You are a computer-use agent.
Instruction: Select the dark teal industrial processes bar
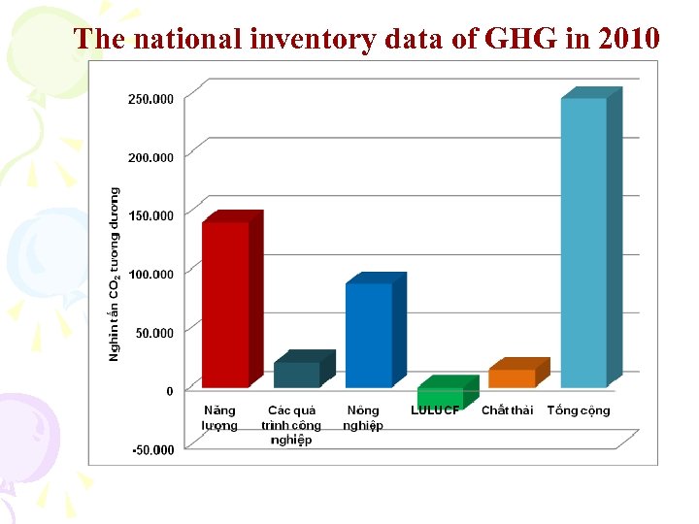(296, 375)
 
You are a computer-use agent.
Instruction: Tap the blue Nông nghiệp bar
(369, 335)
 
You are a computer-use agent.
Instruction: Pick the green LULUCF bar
(440, 397)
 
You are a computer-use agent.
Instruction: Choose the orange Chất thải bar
(512, 378)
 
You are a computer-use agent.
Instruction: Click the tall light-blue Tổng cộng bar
(583, 243)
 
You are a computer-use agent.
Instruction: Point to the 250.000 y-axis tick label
(150, 99)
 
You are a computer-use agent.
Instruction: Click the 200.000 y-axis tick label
(150, 157)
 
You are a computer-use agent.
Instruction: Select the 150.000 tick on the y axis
(150, 215)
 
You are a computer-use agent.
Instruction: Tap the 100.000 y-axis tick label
(150, 275)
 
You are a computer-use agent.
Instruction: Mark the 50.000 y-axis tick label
(153, 333)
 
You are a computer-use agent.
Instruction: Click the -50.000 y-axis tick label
(150, 450)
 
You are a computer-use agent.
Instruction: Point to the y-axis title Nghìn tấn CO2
(115, 275)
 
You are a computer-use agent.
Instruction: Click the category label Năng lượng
(219, 418)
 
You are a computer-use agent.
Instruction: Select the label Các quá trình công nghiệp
(291, 425)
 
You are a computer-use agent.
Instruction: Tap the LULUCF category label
(435, 410)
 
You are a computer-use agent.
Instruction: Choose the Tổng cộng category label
(579, 410)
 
